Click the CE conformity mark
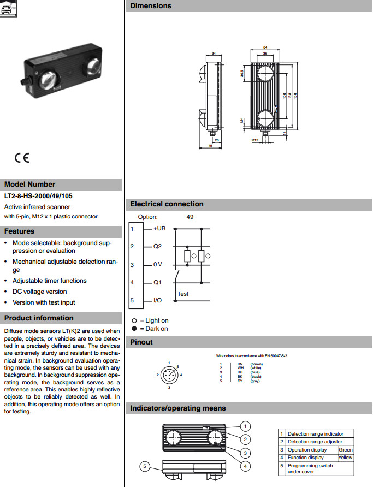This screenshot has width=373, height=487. (x=22, y=158)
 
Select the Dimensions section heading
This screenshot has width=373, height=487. (x=151, y=6)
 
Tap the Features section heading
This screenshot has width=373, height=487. (x=20, y=231)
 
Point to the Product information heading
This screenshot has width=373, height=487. (x=39, y=318)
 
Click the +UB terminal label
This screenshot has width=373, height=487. (x=159, y=229)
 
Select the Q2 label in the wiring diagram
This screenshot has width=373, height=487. (x=157, y=246)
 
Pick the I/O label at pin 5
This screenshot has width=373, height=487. (x=157, y=301)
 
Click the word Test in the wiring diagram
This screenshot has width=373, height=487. (x=183, y=294)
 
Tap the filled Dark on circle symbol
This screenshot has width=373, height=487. (x=134, y=329)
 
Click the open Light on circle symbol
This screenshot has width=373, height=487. (x=134, y=320)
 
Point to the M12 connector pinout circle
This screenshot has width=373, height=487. (x=169, y=375)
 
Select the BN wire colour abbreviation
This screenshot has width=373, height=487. (x=240, y=364)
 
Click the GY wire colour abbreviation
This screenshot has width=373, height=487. (x=240, y=381)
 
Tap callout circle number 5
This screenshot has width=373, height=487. (x=145, y=466)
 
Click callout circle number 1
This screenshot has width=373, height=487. (x=246, y=426)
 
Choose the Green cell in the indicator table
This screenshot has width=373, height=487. (x=346, y=450)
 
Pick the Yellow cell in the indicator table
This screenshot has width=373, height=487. (x=346, y=458)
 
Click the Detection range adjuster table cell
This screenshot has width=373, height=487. (x=315, y=442)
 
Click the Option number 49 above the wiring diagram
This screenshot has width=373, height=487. (x=190, y=217)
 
